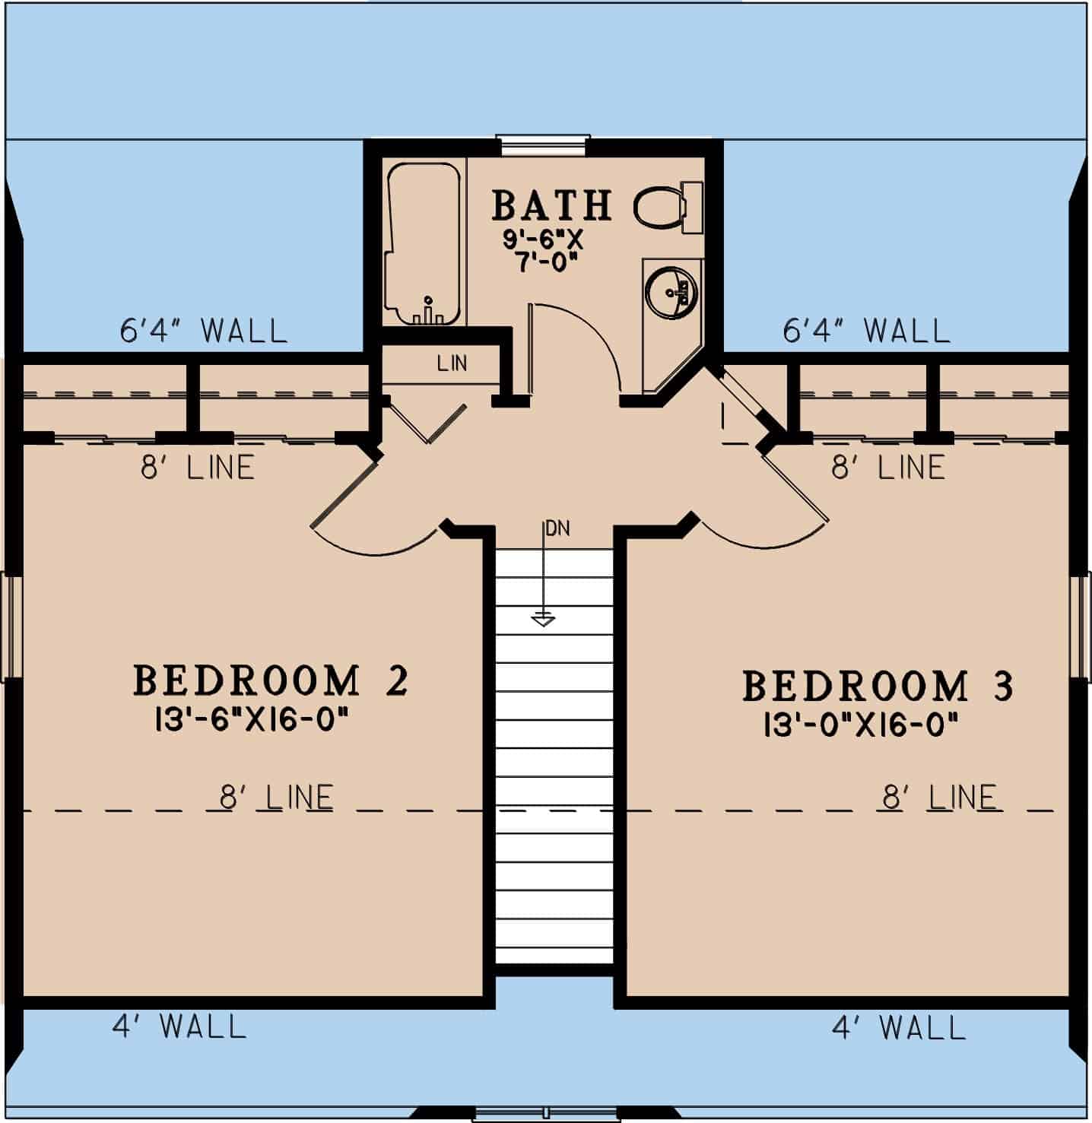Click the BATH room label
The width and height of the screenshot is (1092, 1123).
[551, 205]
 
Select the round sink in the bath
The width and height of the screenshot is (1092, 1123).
[671, 290]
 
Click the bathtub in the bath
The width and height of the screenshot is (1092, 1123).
[423, 243]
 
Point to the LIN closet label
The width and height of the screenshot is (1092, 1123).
[452, 363]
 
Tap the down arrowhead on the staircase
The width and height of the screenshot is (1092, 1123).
[543, 620]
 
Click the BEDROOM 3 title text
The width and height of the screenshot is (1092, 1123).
[877, 686]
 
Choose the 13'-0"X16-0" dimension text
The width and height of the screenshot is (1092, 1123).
[859, 725]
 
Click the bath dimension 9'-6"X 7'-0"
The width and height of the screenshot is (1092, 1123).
[542, 251]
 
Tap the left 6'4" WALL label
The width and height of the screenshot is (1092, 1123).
[204, 331]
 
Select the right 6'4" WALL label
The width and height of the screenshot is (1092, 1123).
[866, 331]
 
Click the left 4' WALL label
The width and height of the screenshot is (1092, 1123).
[179, 1027]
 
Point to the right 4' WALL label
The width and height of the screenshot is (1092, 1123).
[898, 1029]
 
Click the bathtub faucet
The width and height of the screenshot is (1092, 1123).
[428, 310]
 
